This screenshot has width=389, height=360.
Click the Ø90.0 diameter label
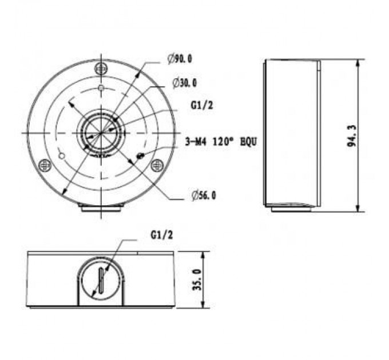tap(180, 59)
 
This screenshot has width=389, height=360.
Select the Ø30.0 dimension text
tap(185, 83)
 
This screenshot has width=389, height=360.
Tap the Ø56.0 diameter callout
tap(204, 195)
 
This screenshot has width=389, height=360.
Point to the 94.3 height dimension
tap(352, 136)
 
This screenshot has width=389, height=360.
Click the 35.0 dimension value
tap(197, 280)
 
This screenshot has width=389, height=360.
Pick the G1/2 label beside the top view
tap(202, 106)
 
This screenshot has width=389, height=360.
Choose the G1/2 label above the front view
tap(161, 235)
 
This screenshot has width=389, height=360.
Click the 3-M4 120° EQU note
tap(221, 142)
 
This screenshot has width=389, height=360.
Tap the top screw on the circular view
tap(101, 68)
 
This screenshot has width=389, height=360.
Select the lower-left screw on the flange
tap(45, 165)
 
